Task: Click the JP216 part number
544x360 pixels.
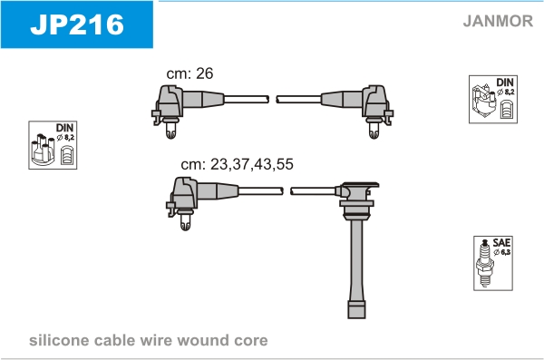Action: tap(77, 24)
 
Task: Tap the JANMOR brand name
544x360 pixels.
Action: tap(498, 21)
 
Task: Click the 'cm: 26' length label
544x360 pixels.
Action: tap(189, 73)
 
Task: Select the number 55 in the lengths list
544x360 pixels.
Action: tap(286, 164)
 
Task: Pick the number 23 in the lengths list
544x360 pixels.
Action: tap(219, 164)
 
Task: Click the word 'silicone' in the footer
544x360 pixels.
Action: tap(59, 340)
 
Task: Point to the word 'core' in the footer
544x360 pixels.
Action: tap(251, 341)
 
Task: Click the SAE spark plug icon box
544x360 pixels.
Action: tap(493, 264)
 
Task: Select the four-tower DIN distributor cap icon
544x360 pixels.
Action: tap(53, 145)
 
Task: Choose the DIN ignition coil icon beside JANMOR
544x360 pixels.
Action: tap(493, 99)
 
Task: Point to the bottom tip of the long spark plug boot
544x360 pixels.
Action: tap(356, 318)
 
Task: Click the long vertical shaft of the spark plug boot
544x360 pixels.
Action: tap(357, 260)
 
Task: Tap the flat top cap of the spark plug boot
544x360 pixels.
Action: tap(359, 184)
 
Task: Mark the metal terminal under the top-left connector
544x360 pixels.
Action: tap(170, 130)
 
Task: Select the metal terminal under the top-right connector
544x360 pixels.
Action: tap(374, 130)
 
